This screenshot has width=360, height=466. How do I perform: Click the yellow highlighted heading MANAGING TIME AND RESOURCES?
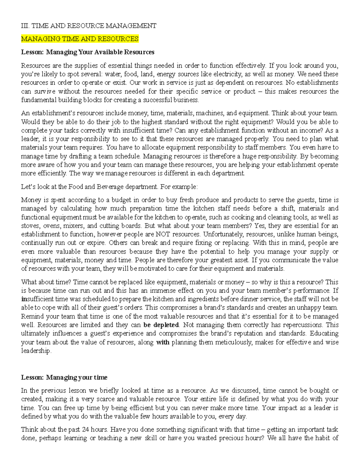click(80, 39)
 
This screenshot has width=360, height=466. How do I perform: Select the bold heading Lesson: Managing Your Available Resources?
click(88, 52)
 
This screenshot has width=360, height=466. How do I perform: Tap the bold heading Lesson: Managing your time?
click(64, 377)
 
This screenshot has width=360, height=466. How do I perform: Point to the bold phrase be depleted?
click(161, 325)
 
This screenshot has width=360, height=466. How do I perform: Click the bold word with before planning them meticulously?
click(163, 342)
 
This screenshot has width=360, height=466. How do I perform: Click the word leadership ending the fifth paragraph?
click(36, 351)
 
